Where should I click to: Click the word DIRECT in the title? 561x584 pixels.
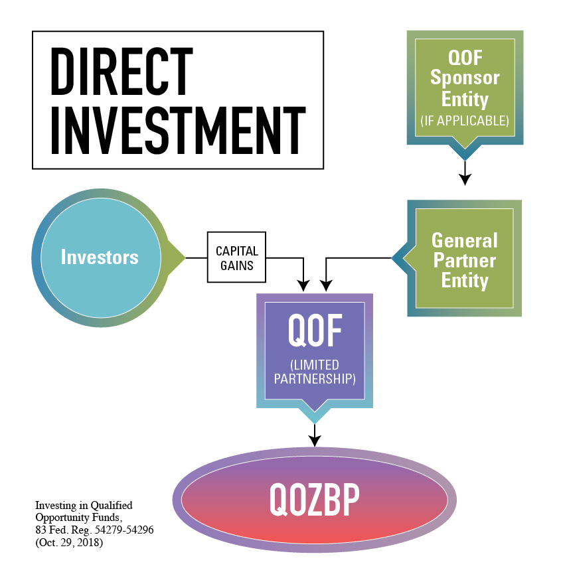(121, 71)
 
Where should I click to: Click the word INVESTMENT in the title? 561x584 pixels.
(178, 130)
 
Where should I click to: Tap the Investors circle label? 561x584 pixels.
(100, 257)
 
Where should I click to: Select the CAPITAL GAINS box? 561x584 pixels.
(236, 257)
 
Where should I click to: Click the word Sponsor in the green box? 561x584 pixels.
(465, 78)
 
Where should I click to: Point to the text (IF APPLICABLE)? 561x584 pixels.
(465, 121)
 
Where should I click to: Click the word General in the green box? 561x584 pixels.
(465, 240)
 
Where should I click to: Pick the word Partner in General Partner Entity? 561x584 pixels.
(465, 260)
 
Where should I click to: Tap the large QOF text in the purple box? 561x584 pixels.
(315, 330)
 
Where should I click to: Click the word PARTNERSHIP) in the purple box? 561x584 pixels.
(315, 379)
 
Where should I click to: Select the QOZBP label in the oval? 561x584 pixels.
(315, 499)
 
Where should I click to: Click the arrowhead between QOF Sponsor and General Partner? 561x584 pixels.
(465, 179)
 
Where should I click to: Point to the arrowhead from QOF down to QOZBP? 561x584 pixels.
(315, 441)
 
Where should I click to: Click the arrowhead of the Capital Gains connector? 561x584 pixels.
(303, 285)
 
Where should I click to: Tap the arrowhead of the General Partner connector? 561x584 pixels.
(326, 285)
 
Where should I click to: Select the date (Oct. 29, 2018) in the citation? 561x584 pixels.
(69, 542)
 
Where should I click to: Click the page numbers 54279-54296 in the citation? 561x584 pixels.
(124, 530)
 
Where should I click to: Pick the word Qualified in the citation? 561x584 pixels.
(112, 506)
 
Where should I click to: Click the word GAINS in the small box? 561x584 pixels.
(236, 265)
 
